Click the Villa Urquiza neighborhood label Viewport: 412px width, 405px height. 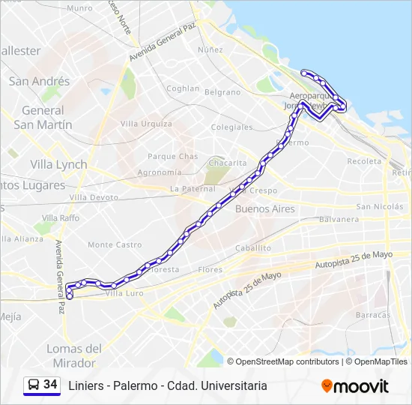[146, 124]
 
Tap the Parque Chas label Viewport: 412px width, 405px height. [172, 157]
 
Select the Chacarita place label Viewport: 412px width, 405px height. [228, 163]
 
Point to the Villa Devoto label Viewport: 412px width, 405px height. [94, 197]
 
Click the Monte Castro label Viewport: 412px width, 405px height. [115, 244]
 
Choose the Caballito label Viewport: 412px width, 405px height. [252, 247]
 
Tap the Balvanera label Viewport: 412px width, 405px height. [339, 220]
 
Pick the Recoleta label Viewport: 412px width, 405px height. [364, 161]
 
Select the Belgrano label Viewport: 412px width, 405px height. [222, 92]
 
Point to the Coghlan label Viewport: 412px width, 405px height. [183, 88]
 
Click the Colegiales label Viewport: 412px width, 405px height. [231, 127]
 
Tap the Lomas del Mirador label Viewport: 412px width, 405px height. [74, 355]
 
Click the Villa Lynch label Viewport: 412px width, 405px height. [58, 164]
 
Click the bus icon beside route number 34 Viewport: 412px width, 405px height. [34, 385]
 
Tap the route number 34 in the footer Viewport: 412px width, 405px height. [50, 385]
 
